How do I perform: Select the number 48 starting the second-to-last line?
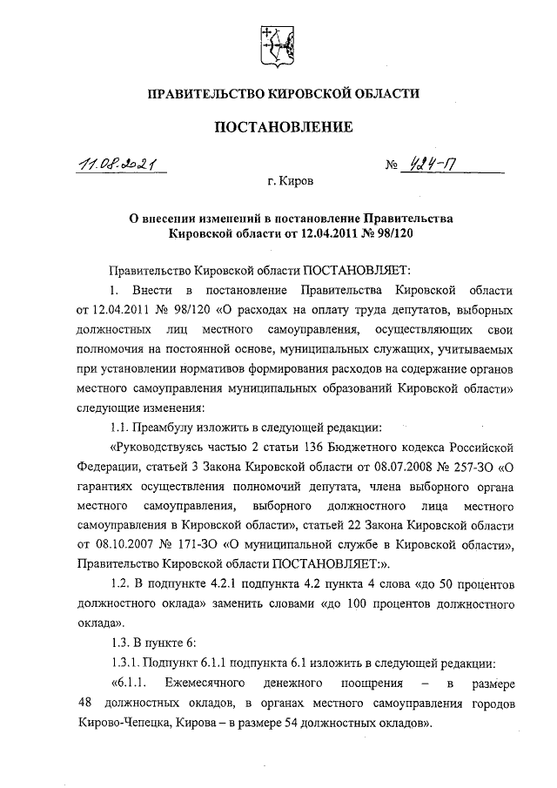pos(84,703)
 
